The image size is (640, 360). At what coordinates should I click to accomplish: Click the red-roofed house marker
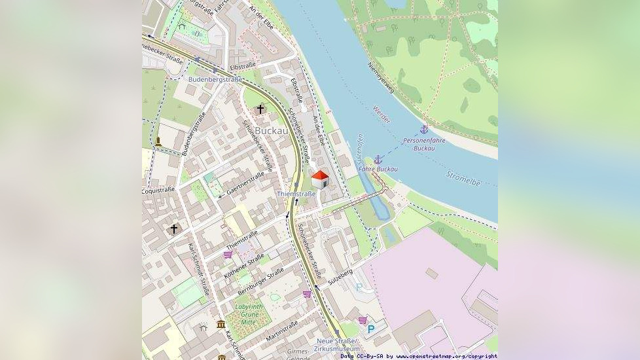point(319,179)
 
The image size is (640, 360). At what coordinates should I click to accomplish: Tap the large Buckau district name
point(271,131)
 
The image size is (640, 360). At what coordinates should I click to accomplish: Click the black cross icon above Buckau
point(260,109)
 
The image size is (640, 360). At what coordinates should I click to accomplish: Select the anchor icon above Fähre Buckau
point(378,159)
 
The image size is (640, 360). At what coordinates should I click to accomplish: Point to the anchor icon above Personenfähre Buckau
point(423,130)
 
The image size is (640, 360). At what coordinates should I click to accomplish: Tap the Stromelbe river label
point(464,179)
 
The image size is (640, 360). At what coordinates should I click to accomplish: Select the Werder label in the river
point(381,115)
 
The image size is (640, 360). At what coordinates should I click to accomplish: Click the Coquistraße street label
point(158,190)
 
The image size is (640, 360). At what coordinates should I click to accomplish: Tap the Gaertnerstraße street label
point(245,183)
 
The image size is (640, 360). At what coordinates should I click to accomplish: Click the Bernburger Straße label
point(260,279)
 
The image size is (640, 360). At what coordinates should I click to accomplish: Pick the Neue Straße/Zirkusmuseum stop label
point(337,345)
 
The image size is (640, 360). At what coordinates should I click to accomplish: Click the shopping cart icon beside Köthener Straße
point(228,255)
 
